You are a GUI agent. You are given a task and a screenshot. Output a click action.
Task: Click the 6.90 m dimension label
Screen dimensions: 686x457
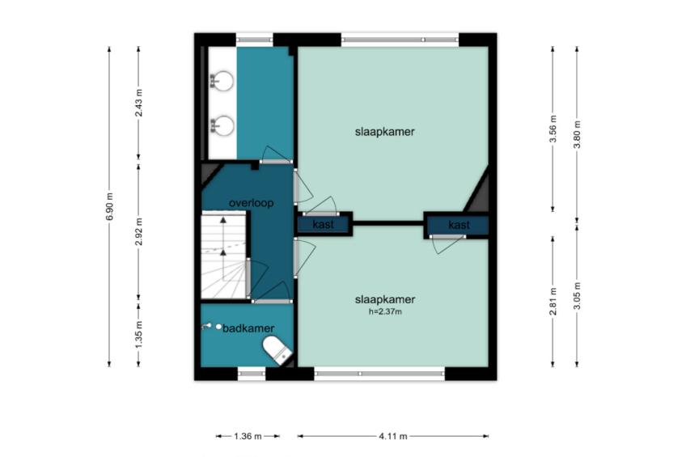(x=110, y=206)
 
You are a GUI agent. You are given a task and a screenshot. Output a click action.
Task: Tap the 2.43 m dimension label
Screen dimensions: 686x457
(x=138, y=103)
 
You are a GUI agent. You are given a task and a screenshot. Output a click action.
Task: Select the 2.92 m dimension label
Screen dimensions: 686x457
(x=138, y=231)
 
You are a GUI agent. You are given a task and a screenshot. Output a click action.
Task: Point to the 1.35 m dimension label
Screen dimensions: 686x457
(x=138, y=335)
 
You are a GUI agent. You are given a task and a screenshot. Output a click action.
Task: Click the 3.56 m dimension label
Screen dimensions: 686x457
(x=553, y=129)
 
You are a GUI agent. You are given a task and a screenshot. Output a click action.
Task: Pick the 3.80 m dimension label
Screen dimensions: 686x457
(x=577, y=134)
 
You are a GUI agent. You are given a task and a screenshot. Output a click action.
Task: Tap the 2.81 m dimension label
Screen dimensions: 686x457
(x=553, y=302)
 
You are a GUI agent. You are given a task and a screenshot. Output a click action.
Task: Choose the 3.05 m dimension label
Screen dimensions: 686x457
(x=577, y=295)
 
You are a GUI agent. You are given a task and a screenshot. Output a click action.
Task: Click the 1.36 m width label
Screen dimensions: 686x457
(x=248, y=436)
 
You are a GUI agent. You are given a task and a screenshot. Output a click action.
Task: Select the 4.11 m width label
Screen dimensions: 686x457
(x=393, y=436)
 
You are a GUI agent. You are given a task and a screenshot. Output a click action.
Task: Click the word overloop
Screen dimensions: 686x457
(x=251, y=203)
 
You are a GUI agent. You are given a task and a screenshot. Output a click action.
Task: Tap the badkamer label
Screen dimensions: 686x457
(x=248, y=328)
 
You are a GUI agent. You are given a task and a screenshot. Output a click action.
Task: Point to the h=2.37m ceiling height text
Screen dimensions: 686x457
(x=385, y=311)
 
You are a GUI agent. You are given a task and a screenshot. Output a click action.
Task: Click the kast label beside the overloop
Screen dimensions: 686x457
(x=324, y=225)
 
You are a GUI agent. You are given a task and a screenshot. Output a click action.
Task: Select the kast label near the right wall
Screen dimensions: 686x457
(x=459, y=225)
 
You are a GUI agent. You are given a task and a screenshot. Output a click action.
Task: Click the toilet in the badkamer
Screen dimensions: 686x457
(x=277, y=350)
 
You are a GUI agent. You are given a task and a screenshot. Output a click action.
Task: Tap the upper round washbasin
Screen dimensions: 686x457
(x=222, y=81)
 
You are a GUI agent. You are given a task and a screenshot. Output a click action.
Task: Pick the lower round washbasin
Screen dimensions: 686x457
(x=222, y=125)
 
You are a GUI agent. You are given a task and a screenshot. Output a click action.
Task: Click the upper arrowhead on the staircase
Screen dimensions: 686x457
(x=223, y=220)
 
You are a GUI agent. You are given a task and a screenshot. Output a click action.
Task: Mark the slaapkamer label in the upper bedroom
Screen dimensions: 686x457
(x=384, y=132)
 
